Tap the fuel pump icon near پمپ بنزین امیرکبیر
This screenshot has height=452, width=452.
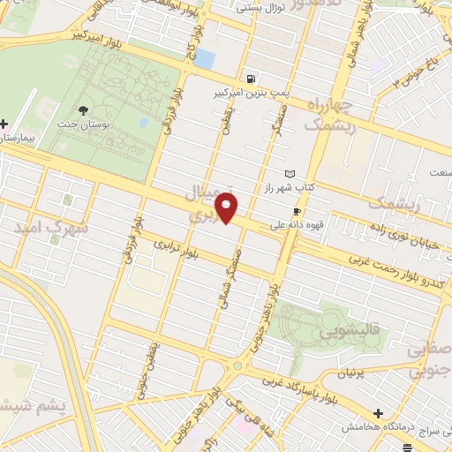tap(252, 78)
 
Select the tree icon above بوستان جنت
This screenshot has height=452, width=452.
tap(83, 110)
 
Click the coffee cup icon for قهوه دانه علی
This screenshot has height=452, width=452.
tap(297, 211)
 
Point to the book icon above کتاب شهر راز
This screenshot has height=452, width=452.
tap(290, 174)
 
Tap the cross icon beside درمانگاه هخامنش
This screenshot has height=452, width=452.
tap(379, 412)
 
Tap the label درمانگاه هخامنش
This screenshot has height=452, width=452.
tap(379, 426)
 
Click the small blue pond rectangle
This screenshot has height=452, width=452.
tap(204, 58)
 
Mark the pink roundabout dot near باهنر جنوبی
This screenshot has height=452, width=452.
tap(237, 366)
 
